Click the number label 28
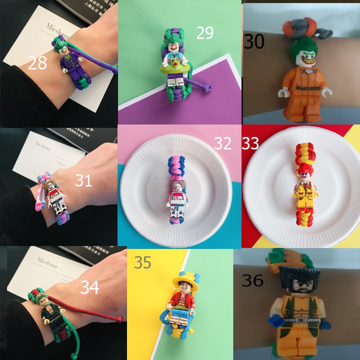[37, 63]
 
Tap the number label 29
[204, 33]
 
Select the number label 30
[254, 42]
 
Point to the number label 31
[84, 180]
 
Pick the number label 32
[223, 143]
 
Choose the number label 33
[250, 143]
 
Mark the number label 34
[90, 287]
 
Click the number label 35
[143, 262]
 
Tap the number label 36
[252, 280]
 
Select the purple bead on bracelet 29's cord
[210, 88]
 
